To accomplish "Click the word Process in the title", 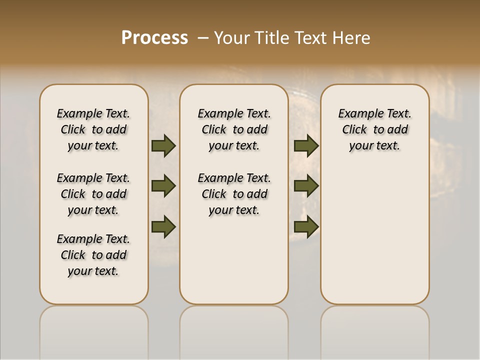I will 154,37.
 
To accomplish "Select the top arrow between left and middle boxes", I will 163,146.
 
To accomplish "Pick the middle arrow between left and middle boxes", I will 163,186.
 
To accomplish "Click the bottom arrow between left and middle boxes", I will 163,227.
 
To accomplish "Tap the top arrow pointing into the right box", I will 306,146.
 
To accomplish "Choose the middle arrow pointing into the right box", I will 306,186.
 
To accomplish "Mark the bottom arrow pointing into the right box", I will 306,227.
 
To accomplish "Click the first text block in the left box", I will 93,129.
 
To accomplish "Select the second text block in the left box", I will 93,194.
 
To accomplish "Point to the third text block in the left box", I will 93,255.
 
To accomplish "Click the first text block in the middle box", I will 234,129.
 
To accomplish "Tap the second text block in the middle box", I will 234,194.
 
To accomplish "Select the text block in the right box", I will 375,129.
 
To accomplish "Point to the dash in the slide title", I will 203,37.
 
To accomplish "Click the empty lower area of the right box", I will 375,235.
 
